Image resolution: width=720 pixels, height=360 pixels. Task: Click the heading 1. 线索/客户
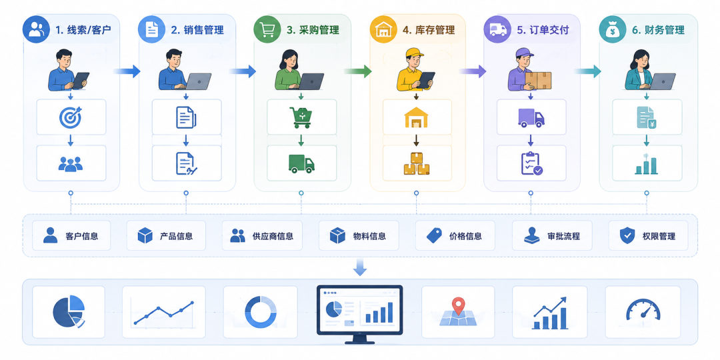point(83,30)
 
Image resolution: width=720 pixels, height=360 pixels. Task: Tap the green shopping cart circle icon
point(267,30)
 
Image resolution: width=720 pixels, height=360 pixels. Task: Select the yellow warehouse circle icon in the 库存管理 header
point(383,30)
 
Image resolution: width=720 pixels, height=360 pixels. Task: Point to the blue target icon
point(70,117)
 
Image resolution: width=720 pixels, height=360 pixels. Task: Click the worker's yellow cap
point(415,53)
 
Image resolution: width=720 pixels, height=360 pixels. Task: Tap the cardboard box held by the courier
point(538,81)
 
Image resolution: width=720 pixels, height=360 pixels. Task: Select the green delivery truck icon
point(301,163)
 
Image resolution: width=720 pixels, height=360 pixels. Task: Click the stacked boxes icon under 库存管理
point(417,163)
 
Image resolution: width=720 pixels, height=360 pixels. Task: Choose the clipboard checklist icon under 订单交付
point(532,163)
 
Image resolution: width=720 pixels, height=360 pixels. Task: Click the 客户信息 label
point(82,237)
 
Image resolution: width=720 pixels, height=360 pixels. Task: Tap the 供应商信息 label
point(273,237)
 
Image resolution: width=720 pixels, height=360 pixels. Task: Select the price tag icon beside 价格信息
point(434,235)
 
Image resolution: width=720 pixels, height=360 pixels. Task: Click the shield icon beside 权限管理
point(627,235)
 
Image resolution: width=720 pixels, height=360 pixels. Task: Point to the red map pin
point(458,305)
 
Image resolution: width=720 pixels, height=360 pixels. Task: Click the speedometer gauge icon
point(643,309)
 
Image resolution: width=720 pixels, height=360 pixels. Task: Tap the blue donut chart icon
point(261,312)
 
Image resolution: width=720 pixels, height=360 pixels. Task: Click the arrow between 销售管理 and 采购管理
point(243,71)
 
